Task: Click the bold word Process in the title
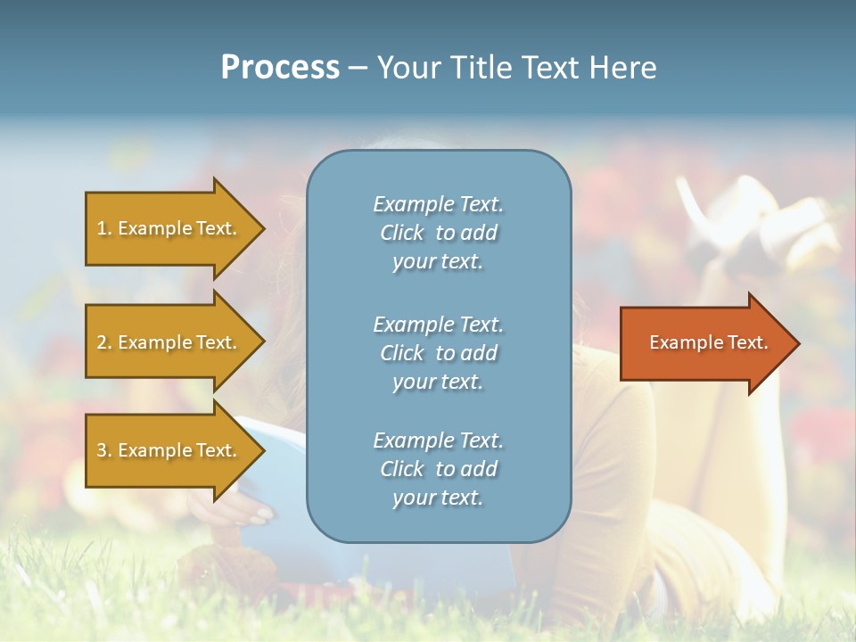(x=280, y=68)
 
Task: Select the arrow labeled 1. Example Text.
(x=169, y=228)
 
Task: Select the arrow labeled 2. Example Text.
(x=169, y=342)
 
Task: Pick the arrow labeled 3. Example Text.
(x=169, y=450)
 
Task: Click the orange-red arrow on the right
(x=704, y=342)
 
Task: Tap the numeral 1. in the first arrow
(x=103, y=228)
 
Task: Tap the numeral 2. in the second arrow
(x=103, y=342)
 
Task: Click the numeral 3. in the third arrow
(x=103, y=450)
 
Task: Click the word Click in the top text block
(x=402, y=234)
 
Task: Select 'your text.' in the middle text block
(x=438, y=382)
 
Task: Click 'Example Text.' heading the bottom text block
(x=438, y=440)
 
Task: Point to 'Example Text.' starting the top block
(x=438, y=204)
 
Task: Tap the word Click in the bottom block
(x=402, y=469)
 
